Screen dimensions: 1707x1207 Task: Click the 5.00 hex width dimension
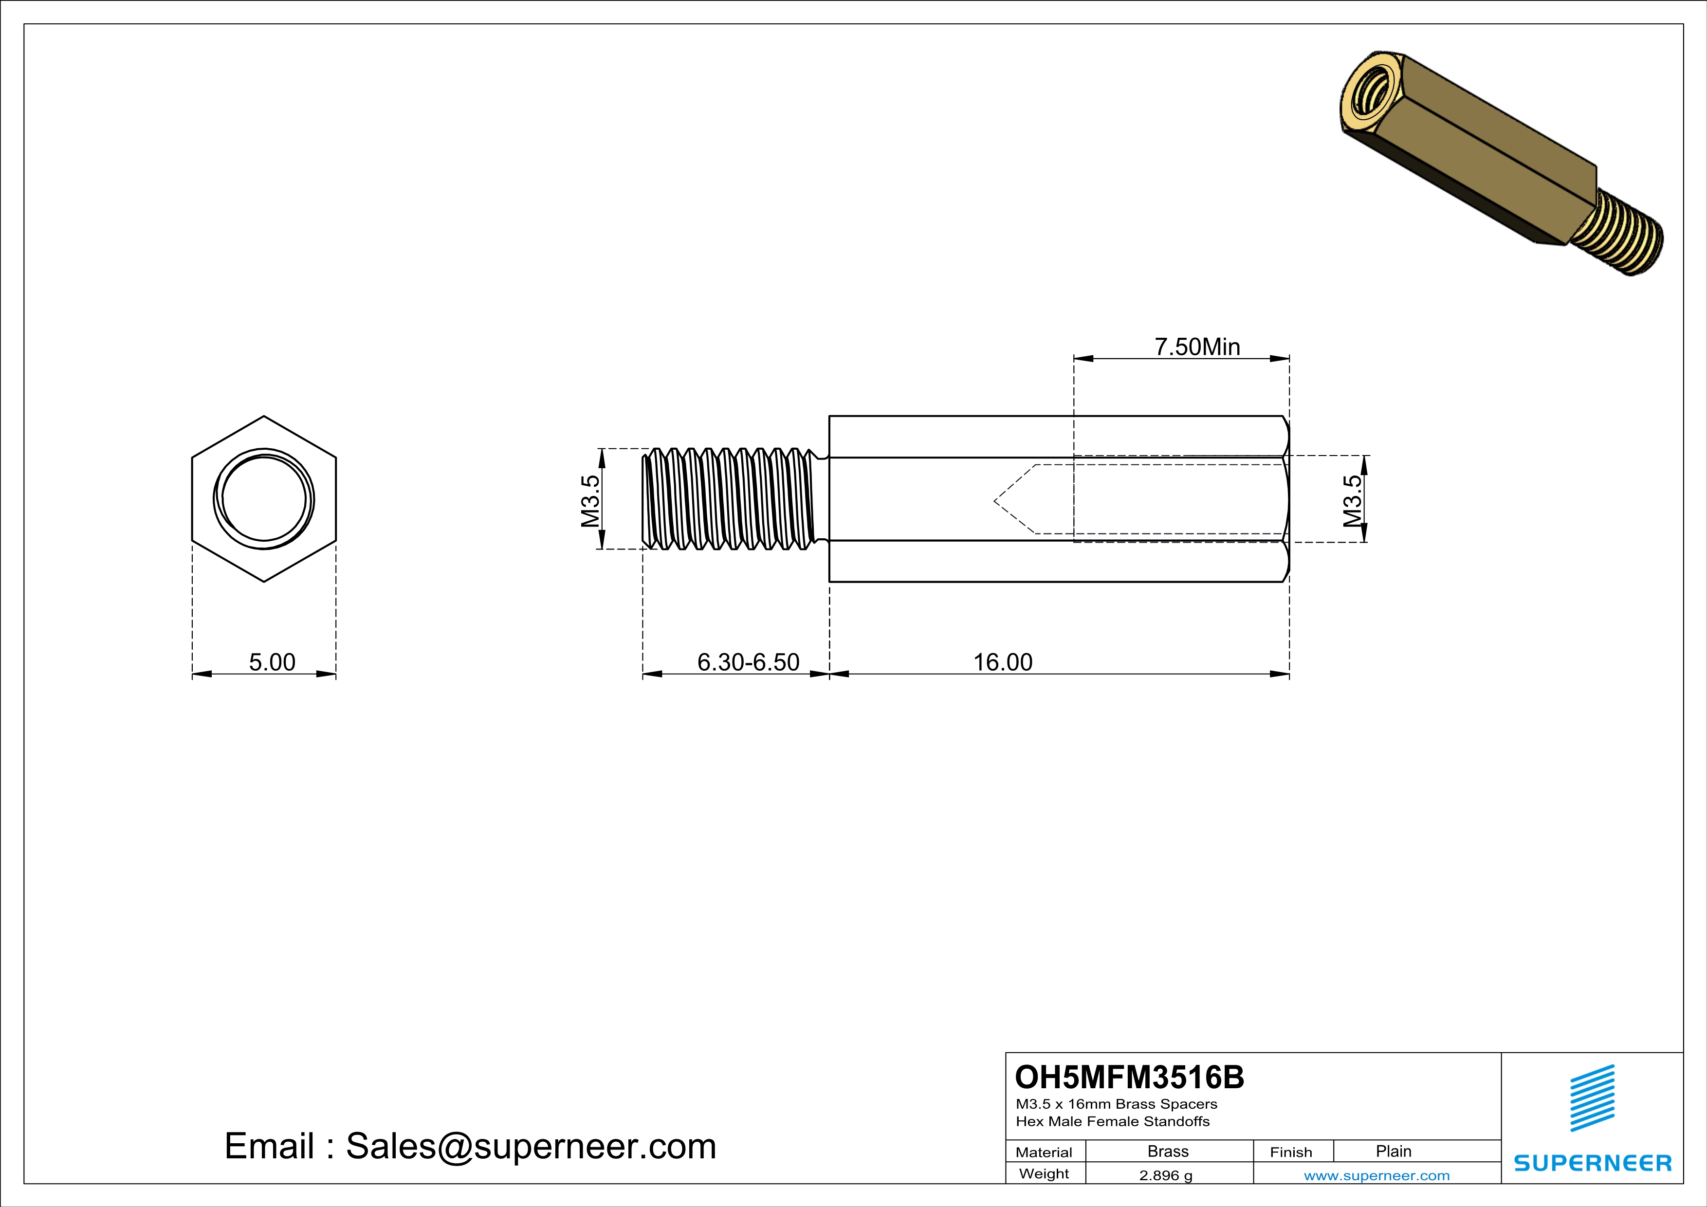point(272,661)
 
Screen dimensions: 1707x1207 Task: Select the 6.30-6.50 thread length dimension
point(748,661)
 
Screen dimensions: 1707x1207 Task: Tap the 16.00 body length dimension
point(1003,661)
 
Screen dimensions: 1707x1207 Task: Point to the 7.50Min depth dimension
point(1197,347)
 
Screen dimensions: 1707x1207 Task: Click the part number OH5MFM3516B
point(1129,1077)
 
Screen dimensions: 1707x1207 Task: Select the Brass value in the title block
point(1168,1151)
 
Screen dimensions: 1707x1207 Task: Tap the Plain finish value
point(1393,1151)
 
